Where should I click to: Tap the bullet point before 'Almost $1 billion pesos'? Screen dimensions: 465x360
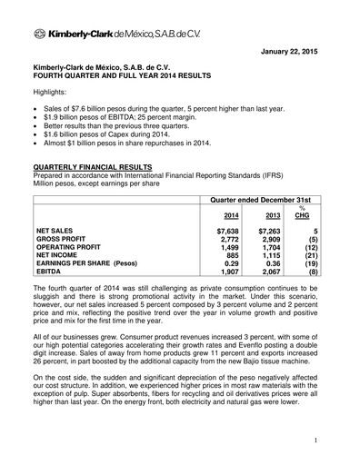37,143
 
